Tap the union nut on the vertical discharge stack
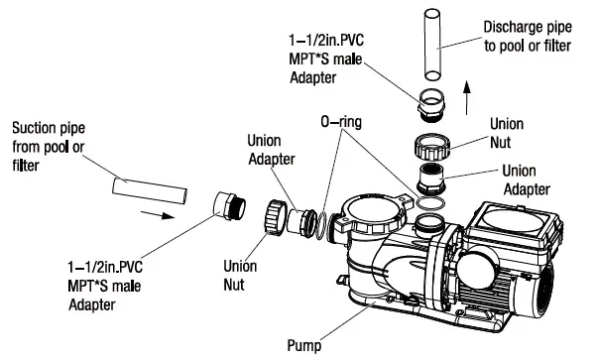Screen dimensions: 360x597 [431, 147]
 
